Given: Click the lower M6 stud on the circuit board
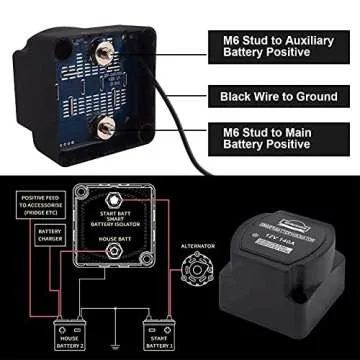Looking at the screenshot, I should [x=101, y=125].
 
